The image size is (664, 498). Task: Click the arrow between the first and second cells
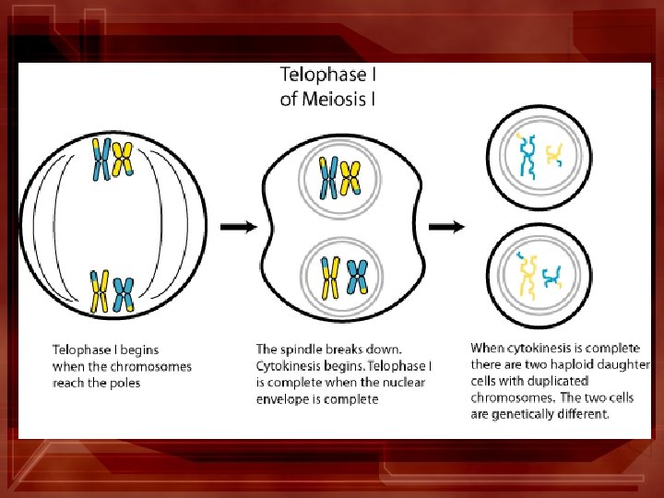pyautogui.click(x=238, y=226)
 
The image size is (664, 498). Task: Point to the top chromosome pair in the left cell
pyautogui.click(x=112, y=159)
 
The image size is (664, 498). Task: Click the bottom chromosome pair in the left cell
pyautogui.click(x=112, y=290)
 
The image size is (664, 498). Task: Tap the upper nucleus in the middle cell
pyautogui.click(x=338, y=177)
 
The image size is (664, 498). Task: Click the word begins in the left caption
pyautogui.click(x=139, y=350)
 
